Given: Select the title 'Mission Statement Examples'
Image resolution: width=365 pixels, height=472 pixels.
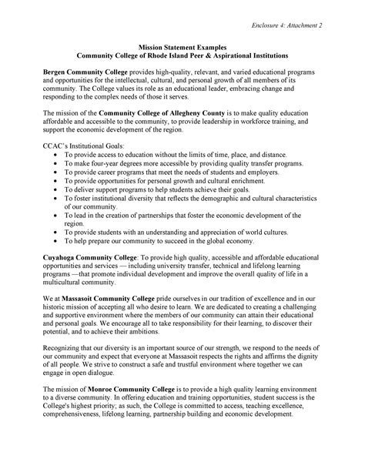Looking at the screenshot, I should [182, 48].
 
